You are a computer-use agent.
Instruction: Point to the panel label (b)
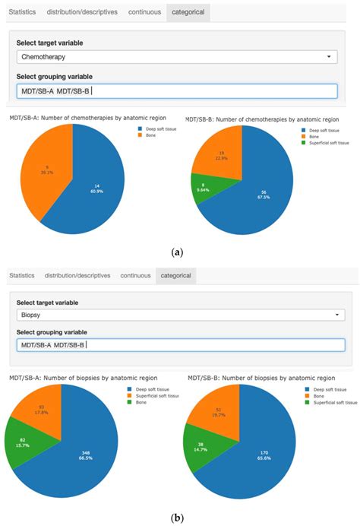[x=177, y=518]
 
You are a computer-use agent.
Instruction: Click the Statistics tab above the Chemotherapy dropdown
[x=21, y=12]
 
